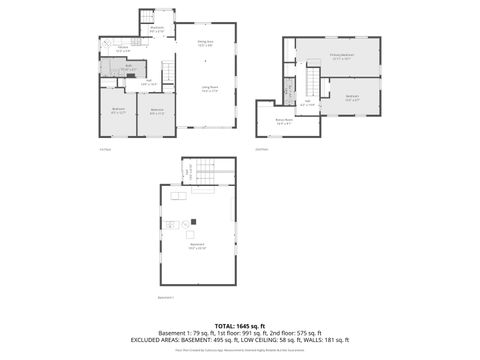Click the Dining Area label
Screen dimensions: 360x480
tap(204, 43)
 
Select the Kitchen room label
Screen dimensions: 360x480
tap(122, 49)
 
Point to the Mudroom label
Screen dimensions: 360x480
tap(157, 30)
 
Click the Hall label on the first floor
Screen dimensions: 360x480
tap(148, 83)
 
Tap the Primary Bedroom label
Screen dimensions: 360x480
tap(340, 55)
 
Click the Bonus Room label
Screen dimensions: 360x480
tap(284, 121)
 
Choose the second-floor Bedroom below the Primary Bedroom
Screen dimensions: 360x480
tap(351, 97)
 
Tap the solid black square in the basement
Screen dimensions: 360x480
tap(194, 221)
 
